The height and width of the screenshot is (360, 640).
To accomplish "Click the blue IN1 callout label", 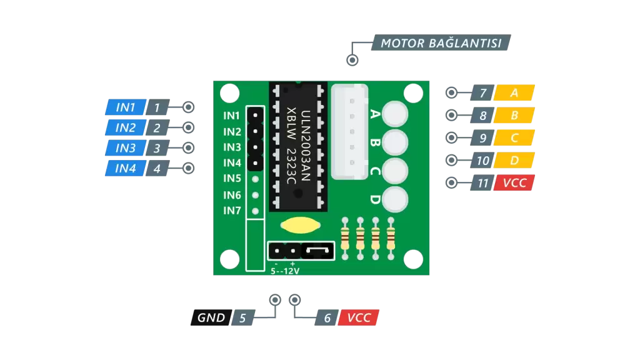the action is pyautogui.click(x=125, y=107).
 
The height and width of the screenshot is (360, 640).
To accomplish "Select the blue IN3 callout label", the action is pyautogui.click(x=125, y=147).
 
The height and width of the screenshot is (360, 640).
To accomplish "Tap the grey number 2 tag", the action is pyautogui.click(x=157, y=127).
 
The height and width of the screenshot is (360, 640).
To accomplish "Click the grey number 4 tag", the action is pyautogui.click(x=157, y=168).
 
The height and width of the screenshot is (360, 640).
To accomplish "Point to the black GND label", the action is pyautogui.click(x=211, y=317).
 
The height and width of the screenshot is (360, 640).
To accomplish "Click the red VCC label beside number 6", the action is pyautogui.click(x=359, y=317).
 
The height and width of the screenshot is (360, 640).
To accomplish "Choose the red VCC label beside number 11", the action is pyautogui.click(x=514, y=183).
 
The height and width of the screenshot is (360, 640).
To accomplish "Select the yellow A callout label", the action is pyautogui.click(x=514, y=92).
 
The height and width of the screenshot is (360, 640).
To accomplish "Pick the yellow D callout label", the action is pyautogui.click(x=514, y=161).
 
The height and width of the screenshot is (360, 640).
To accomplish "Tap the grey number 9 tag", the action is pyautogui.click(x=482, y=138).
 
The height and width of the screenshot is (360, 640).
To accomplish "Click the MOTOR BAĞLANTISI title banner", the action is pyautogui.click(x=441, y=43).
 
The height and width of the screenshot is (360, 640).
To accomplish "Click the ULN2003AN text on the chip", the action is pyautogui.click(x=306, y=145).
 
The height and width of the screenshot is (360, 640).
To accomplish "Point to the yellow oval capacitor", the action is pyautogui.click(x=301, y=225).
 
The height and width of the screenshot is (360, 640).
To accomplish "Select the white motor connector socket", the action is pyautogui.click(x=350, y=132).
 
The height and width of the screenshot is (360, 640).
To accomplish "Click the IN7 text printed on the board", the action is pyautogui.click(x=232, y=211).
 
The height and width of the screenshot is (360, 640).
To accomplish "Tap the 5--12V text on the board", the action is pyautogui.click(x=285, y=271).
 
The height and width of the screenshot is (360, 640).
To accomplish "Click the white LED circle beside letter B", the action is pyautogui.click(x=395, y=142).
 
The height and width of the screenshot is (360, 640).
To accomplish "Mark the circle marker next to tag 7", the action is pyautogui.click(x=451, y=92).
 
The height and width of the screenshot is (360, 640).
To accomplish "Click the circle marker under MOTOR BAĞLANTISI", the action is pyautogui.click(x=352, y=60).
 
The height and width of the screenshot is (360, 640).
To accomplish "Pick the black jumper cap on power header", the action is pyautogui.click(x=317, y=250).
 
